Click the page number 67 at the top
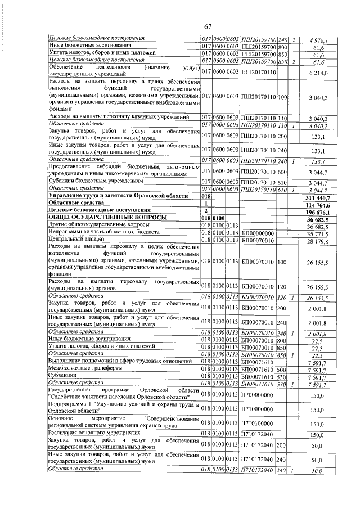[207, 28]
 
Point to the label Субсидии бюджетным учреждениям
[93, 182]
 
